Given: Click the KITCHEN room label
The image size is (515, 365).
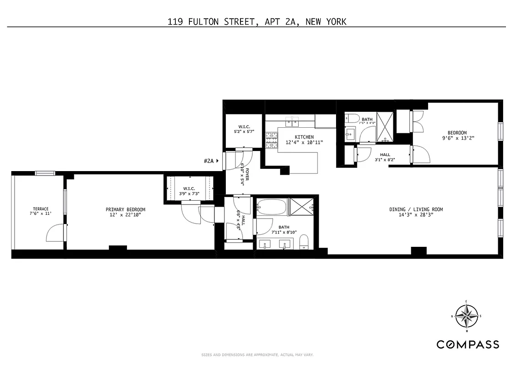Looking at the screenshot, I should click(304, 137).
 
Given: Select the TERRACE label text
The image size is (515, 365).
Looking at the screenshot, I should click(40, 209).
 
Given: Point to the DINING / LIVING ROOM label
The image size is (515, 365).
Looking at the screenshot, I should click(416, 209).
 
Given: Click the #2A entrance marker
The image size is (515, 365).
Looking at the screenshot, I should click(210, 161).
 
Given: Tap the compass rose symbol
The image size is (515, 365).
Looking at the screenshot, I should click(467, 316).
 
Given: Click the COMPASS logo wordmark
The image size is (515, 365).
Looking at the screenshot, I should click(468, 344).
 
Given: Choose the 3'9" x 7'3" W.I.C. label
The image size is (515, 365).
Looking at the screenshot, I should click(189, 191).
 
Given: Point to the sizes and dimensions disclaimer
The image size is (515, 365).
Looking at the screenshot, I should click(257, 355).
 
